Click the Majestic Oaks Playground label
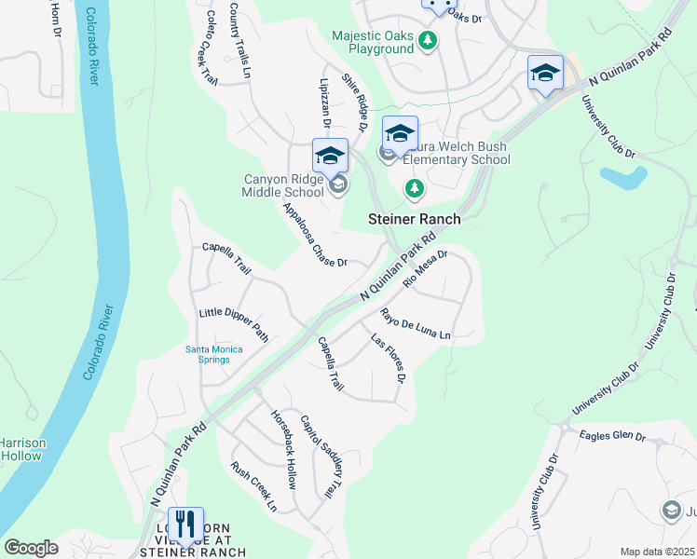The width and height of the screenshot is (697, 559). point(373,42)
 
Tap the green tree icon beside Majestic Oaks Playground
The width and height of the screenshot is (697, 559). point(428,40)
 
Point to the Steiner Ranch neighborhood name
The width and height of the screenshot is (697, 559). point(415,219)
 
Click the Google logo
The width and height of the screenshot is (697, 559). point(31,548)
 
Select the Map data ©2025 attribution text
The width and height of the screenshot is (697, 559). point(657,552)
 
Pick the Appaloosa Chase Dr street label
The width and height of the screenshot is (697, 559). point(314,235)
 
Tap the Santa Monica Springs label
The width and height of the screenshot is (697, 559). point(213,355)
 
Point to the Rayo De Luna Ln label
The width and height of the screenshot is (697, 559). point(415,323)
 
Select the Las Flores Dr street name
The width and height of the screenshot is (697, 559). point(389,359)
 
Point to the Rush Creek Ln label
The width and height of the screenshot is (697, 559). point(253,488)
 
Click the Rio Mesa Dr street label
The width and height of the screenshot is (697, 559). point(426,267)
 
